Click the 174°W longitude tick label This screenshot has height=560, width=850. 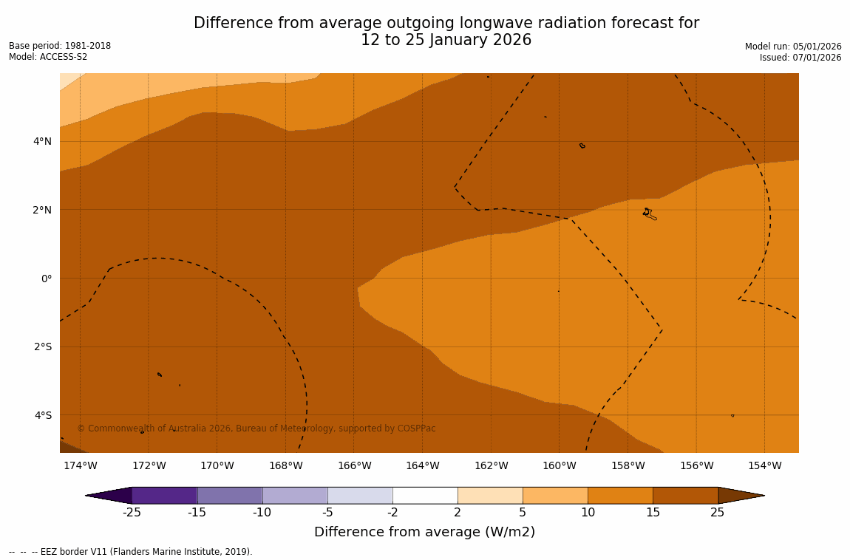coord(80,465)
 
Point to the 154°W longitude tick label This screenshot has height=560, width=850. coord(764,465)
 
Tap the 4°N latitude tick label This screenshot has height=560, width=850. coord(43,141)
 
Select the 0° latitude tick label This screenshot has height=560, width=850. coord(47,279)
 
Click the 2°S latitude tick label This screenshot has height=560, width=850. coord(43,346)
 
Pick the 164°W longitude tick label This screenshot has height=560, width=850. coord(422,465)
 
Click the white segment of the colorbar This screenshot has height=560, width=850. coord(425,495)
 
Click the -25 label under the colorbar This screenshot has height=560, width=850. coord(132,513)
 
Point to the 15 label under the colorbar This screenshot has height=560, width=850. coord(653,513)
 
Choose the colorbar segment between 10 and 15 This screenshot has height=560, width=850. coord(620,495)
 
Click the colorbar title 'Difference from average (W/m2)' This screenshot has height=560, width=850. coord(424,532)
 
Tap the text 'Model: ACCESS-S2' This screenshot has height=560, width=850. coord(48,57)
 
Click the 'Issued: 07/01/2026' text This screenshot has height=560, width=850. coord(800,58)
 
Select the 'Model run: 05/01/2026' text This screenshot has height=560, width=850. coord(793,47)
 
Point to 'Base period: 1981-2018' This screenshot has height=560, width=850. coord(60,46)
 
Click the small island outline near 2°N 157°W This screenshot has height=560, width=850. coord(649,214)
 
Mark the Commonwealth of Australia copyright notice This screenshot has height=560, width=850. coord(256,428)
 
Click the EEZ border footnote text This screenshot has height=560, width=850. coord(131,552)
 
